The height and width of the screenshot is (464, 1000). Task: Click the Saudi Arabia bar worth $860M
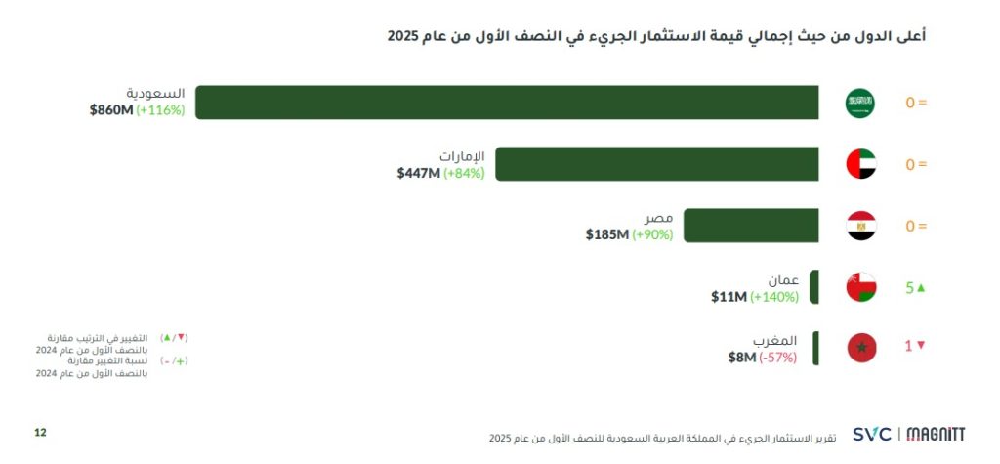pyautogui.click(x=507, y=103)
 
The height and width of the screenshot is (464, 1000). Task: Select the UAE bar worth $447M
pyautogui.click(x=656, y=164)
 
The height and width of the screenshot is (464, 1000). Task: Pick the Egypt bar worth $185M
pyautogui.click(x=750, y=226)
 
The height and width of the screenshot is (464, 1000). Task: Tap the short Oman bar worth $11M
pyautogui.click(x=814, y=287)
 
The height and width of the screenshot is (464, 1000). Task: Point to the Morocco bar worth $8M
pyautogui.click(x=815, y=348)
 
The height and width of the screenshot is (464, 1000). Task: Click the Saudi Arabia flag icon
pyautogui.click(x=860, y=103)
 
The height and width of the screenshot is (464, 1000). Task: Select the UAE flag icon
pyautogui.click(x=860, y=164)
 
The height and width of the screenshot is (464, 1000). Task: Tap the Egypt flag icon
pyautogui.click(x=860, y=226)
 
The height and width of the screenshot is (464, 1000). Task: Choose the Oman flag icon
pyautogui.click(x=860, y=287)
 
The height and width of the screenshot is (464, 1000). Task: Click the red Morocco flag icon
pyautogui.click(x=860, y=347)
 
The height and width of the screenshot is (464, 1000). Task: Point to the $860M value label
pyautogui.click(x=111, y=110)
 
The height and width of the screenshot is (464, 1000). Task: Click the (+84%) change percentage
pyautogui.click(x=464, y=173)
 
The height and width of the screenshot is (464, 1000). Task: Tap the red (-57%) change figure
pyautogui.click(x=777, y=358)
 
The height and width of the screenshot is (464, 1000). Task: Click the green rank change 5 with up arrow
pyautogui.click(x=914, y=288)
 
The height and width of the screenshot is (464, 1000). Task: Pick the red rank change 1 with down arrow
pyautogui.click(x=914, y=346)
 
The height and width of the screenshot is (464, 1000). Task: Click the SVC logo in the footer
pyautogui.click(x=871, y=434)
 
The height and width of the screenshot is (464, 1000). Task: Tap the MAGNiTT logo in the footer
pyautogui.click(x=937, y=434)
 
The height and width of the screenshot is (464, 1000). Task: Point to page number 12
pyautogui.click(x=40, y=432)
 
